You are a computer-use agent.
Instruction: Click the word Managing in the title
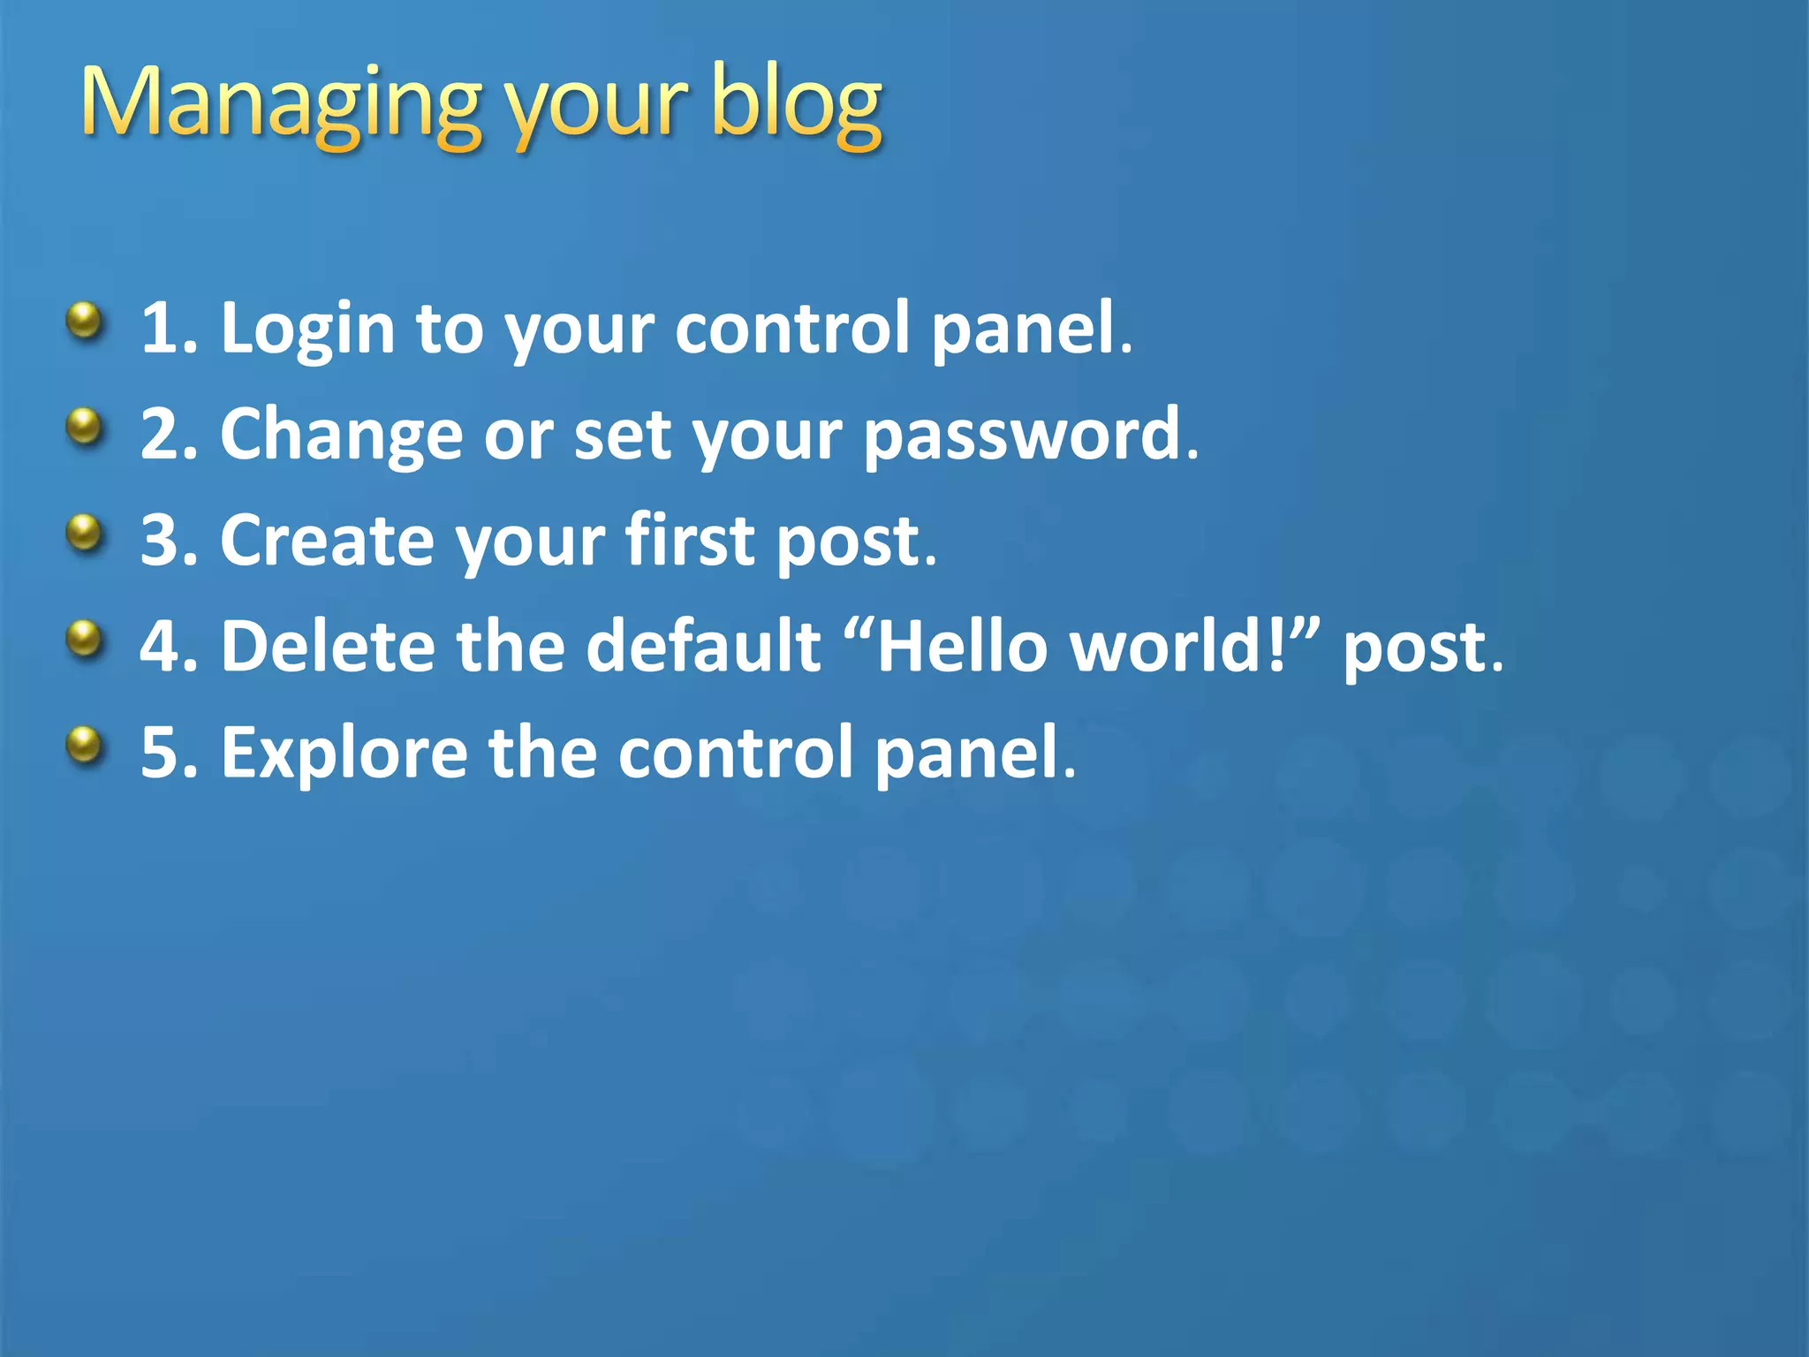[x=280, y=104]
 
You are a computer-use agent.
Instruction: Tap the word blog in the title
[x=795, y=104]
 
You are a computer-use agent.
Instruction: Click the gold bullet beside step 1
[x=85, y=322]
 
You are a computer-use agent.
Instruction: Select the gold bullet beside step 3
[x=85, y=534]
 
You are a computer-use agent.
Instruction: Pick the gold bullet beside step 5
[x=85, y=746]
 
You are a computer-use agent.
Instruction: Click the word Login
[x=307, y=329]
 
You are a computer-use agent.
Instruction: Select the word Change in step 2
[x=341, y=435]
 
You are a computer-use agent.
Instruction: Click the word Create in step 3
[x=327, y=541]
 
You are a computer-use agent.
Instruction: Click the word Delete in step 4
[x=328, y=646]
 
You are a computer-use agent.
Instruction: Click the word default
[x=703, y=646]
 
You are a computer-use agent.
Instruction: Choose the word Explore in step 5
[x=344, y=754]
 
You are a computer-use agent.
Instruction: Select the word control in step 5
[x=736, y=753]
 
